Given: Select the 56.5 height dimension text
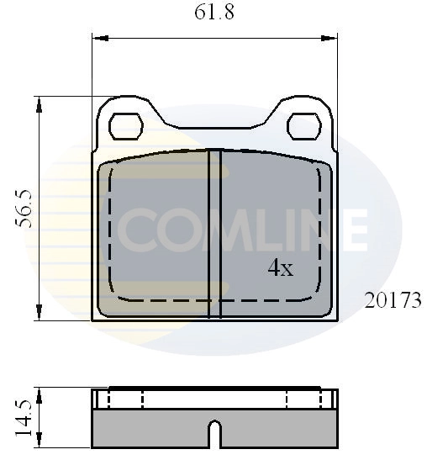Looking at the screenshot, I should click(24, 208).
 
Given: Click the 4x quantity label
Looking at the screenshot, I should click(280, 268).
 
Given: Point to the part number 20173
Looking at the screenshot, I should click(393, 300).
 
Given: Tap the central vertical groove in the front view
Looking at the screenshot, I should click(213, 233).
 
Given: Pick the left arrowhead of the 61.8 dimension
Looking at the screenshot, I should click(98, 38).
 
